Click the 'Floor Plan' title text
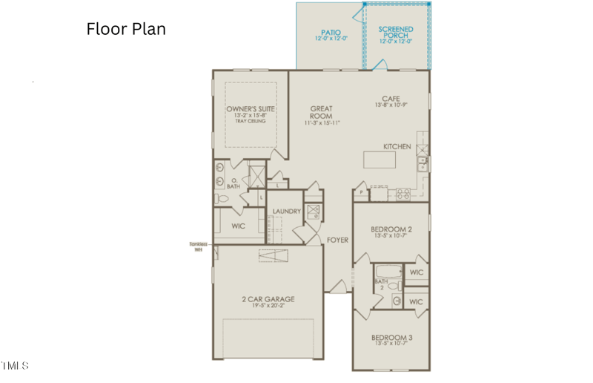126,29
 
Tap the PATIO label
330,33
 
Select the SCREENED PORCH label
396,32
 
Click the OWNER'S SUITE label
251,108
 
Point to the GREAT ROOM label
321,112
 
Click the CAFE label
391,98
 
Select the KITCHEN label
397,147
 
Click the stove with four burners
404,194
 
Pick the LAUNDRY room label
286,212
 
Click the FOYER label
338,240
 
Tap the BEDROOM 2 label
391,229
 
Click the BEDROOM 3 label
391,338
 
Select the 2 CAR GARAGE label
268,299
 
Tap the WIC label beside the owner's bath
238,226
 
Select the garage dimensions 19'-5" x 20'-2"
268,307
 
